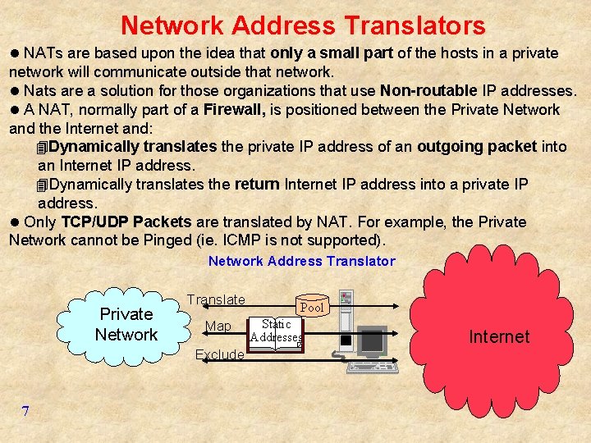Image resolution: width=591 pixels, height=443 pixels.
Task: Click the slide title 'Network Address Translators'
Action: click(x=303, y=25)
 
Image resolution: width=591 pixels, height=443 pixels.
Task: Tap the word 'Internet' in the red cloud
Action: click(x=499, y=336)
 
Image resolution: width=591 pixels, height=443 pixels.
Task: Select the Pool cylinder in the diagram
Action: click(x=312, y=306)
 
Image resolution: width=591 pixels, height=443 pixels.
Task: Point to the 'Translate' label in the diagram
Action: click(x=216, y=300)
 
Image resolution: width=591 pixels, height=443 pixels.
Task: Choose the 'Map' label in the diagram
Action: click(x=218, y=327)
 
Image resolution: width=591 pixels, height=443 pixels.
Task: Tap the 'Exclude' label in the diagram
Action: click(x=219, y=354)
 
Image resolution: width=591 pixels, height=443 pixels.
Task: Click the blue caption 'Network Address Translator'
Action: click(x=301, y=262)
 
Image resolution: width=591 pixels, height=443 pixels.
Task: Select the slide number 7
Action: click(x=25, y=411)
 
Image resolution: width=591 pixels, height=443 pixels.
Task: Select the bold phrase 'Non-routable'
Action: click(x=428, y=90)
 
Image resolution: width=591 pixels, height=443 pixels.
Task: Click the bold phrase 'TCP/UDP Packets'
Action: click(x=126, y=222)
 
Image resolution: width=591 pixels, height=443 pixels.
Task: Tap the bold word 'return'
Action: click(x=257, y=185)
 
